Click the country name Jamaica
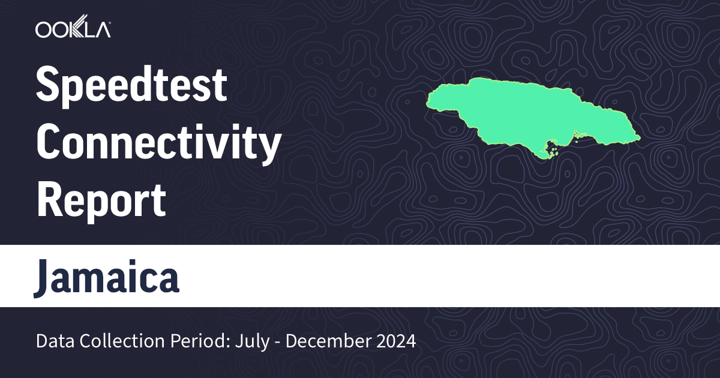pos(107,277)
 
